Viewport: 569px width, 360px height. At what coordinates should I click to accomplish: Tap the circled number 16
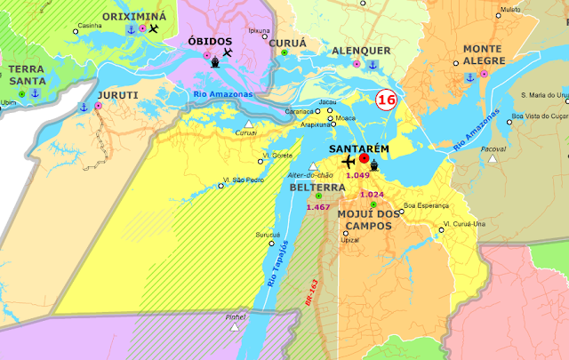click(x=386, y=100)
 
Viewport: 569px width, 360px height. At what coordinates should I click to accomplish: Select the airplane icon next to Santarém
click(x=348, y=163)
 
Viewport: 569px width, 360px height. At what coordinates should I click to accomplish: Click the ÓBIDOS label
click(x=210, y=42)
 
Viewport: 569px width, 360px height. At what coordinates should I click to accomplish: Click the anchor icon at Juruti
click(x=84, y=107)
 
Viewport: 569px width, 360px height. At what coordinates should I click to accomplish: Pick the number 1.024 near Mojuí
click(x=372, y=194)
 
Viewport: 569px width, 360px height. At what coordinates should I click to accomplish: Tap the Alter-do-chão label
click(x=310, y=176)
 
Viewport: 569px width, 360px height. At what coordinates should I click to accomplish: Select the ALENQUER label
click(x=361, y=52)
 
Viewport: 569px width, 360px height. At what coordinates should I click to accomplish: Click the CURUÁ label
click(x=285, y=41)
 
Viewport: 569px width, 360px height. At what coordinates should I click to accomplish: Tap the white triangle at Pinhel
click(x=235, y=327)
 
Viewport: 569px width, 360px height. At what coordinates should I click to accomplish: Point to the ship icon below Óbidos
click(x=216, y=62)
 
